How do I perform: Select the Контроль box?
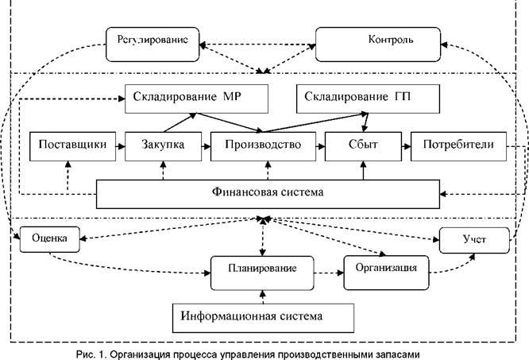coord(376,39)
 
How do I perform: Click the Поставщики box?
coord(68,145)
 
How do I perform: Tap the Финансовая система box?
coord(268,192)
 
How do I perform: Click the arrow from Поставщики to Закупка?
coord(116,145)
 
